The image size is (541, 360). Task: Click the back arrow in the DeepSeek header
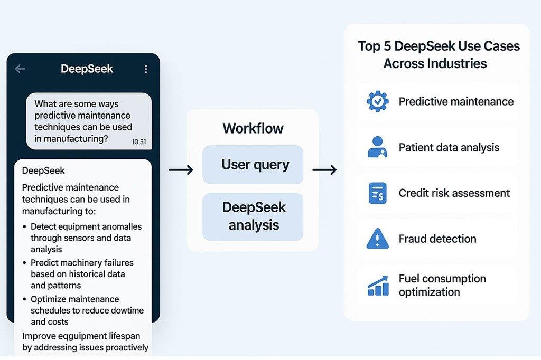(x=20, y=69)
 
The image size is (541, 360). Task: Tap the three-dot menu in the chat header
(x=145, y=69)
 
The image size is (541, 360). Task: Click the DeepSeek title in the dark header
(x=87, y=69)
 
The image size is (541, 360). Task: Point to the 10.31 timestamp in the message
(x=138, y=141)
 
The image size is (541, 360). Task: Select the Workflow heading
(x=253, y=128)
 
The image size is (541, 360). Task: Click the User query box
(x=253, y=165)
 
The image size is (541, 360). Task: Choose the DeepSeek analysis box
(x=253, y=216)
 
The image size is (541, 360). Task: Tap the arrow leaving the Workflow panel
(x=324, y=169)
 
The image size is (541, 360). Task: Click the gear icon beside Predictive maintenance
(x=377, y=101)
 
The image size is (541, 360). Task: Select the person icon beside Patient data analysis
(x=377, y=147)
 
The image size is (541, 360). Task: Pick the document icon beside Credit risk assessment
(x=377, y=193)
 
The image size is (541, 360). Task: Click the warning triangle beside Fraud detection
(x=377, y=239)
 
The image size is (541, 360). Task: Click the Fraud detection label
(x=437, y=239)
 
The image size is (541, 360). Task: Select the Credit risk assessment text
(x=454, y=193)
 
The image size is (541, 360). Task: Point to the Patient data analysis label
(x=449, y=147)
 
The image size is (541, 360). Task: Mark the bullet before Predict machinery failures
(x=25, y=263)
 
